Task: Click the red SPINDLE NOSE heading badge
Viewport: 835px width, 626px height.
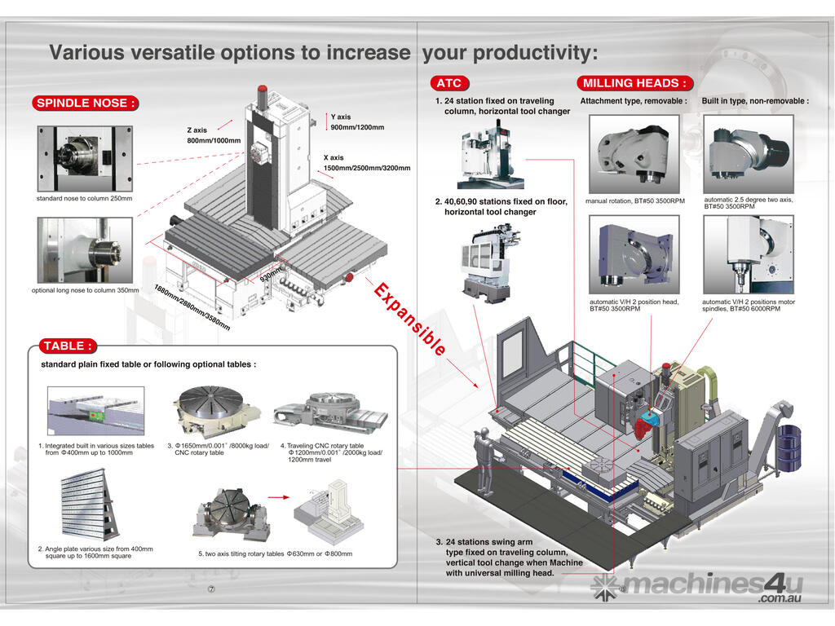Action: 85,103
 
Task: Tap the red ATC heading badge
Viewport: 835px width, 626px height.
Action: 449,83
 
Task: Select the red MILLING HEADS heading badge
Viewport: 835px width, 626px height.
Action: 635,83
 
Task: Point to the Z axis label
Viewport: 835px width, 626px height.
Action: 197,130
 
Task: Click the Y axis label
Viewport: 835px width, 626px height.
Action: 341,117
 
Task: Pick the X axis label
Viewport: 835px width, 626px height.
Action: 334,157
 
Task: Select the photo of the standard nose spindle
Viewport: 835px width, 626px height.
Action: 85,158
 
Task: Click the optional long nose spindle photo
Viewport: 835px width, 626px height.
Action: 85,250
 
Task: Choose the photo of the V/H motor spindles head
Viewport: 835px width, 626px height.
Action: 748,254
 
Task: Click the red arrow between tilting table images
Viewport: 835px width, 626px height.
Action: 280,496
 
